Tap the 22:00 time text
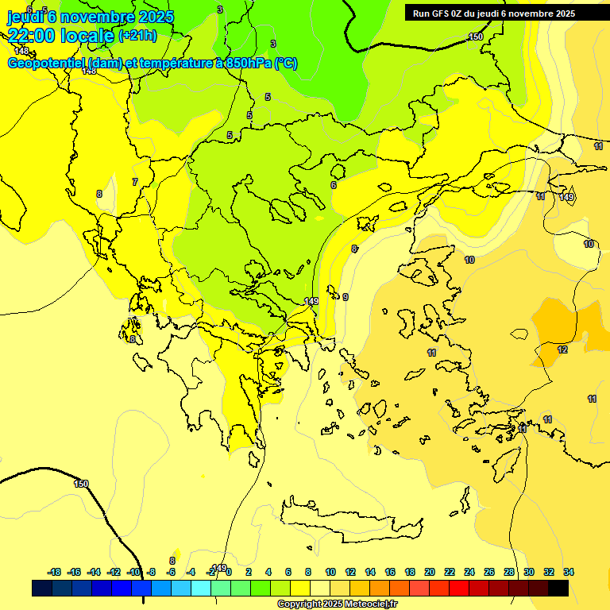[35, 36]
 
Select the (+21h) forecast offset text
[137, 36]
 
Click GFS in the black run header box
[441, 14]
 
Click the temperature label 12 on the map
[562, 349]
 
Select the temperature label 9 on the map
[346, 297]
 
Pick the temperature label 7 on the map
[134, 182]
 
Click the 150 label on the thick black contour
[81, 484]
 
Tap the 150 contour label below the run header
[475, 37]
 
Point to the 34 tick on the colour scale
[569, 572]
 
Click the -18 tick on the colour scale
[54, 572]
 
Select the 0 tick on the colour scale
[229, 572]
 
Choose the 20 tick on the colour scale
[430, 572]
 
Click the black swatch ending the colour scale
[558, 589]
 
